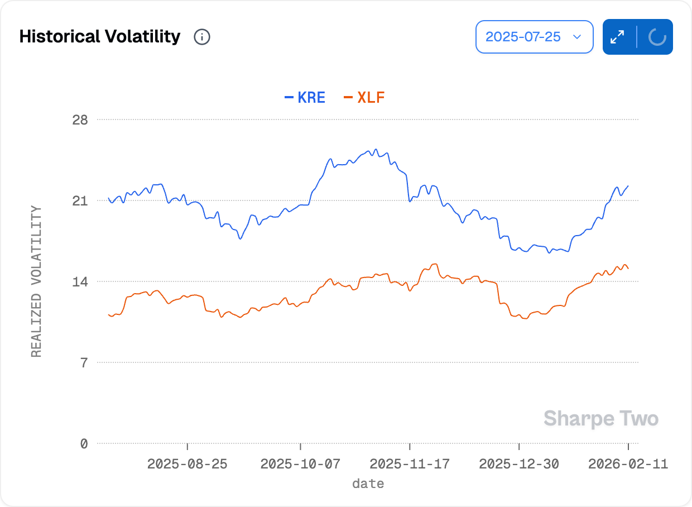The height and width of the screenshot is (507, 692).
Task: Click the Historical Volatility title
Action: pyautogui.click(x=100, y=37)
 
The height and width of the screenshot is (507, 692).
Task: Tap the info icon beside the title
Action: pyautogui.click(x=201, y=37)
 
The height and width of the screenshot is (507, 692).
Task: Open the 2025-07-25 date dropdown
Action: pyautogui.click(x=534, y=37)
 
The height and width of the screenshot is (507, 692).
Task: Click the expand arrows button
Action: pyautogui.click(x=618, y=37)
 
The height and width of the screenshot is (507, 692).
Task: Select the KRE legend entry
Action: pyautogui.click(x=305, y=98)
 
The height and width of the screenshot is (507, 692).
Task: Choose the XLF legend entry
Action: pyautogui.click(x=364, y=98)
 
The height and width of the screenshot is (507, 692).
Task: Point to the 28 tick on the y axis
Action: pyautogui.click(x=80, y=119)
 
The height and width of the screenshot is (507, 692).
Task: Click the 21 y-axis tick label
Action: pyautogui.click(x=80, y=200)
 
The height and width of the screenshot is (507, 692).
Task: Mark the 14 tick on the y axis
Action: pyautogui.click(x=80, y=281)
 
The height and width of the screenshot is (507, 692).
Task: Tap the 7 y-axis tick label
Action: pyautogui.click(x=84, y=362)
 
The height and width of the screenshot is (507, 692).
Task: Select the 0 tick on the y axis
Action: pyautogui.click(x=84, y=443)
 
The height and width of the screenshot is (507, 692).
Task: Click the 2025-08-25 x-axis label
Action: pyautogui.click(x=188, y=464)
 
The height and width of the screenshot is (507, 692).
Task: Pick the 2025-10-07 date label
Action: pyautogui.click(x=301, y=464)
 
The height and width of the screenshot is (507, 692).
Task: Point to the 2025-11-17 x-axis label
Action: pyautogui.click(x=410, y=464)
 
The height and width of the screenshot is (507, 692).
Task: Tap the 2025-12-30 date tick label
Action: pyautogui.click(x=519, y=464)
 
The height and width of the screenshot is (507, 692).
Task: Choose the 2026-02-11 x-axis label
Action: pyautogui.click(x=628, y=464)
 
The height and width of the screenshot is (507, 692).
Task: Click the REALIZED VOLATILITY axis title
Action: pyautogui.click(x=36, y=281)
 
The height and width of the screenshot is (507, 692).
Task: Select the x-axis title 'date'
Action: pyautogui.click(x=368, y=484)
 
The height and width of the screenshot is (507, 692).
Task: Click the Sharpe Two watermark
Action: pyautogui.click(x=601, y=418)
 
